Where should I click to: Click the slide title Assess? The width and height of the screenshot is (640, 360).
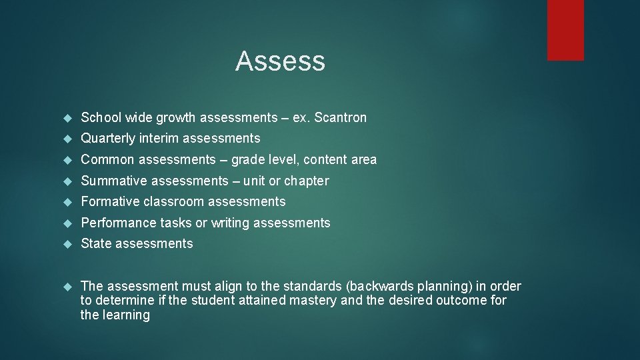(280, 61)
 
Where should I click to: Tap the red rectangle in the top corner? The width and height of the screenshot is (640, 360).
(565, 30)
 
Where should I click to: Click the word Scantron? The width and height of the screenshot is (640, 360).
(340, 118)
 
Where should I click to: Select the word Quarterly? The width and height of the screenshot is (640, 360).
(109, 139)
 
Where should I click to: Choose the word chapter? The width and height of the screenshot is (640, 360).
(307, 181)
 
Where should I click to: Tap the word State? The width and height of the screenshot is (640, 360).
(96, 243)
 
